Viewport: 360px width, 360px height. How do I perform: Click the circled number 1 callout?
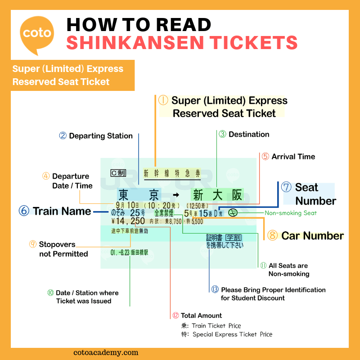(163, 101)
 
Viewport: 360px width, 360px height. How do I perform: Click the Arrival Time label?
(293, 157)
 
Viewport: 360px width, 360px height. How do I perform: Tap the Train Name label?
(62, 211)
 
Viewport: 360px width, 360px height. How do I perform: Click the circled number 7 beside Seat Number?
(286, 187)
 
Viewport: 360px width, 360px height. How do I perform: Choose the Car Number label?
(312, 235)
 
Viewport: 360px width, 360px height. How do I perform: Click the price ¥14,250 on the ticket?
(128, 221)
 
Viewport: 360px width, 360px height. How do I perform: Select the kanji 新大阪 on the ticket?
(217, 195)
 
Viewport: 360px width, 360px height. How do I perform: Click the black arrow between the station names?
(176, 195)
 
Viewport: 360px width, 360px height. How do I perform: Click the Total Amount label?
(201, 315)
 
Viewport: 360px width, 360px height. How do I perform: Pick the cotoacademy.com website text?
(106, 353)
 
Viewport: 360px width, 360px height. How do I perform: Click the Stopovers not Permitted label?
(63, 249)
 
